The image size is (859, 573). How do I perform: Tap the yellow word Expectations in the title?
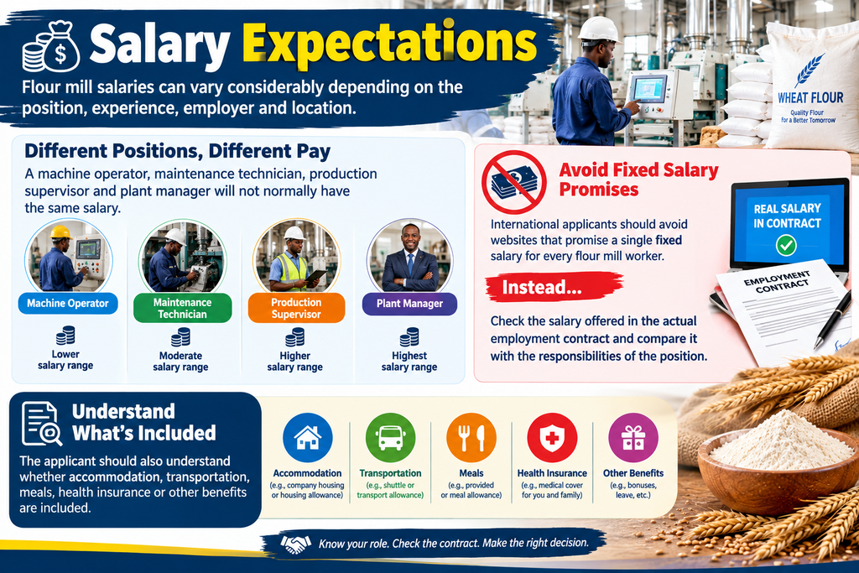click(389, 44)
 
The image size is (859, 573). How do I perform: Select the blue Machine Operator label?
click(68, 304)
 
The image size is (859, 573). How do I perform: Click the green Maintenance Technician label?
click(182, 308)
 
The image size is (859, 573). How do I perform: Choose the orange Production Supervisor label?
click(296, 308)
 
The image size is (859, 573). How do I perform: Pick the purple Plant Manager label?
click(409, 304)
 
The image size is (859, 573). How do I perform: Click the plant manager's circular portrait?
click(409, 256)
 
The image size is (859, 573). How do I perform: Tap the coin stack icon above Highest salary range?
click(409, 337)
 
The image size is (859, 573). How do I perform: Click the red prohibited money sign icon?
click(514, 182)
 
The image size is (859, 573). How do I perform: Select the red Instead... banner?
click(554, 287)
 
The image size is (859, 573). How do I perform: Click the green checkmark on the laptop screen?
click(786, 245)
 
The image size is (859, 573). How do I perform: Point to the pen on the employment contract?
click(833, 320)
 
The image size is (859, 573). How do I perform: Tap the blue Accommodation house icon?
click(308, 438)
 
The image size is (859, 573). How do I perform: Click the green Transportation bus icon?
click(390, 438)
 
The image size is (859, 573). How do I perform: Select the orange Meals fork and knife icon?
click(471, 438)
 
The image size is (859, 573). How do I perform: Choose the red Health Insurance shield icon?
click(552, 438)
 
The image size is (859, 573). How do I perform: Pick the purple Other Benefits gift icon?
click(633, 438)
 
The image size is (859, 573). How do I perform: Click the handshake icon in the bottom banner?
click(295, 544)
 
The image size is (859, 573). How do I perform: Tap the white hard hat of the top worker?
click(599, 29)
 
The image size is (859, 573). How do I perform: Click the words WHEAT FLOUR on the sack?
click(811, 97)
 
